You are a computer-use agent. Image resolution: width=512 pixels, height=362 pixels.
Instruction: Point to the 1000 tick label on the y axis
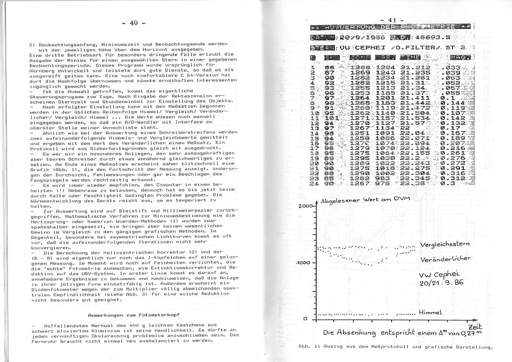[x=305, y=263]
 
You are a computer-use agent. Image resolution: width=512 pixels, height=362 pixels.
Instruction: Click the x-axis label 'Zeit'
[x=475, y=327]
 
